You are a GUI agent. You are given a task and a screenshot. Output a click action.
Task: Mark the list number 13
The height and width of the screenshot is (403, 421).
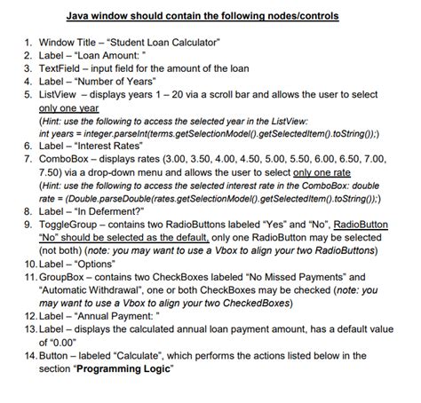pos(25,327)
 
